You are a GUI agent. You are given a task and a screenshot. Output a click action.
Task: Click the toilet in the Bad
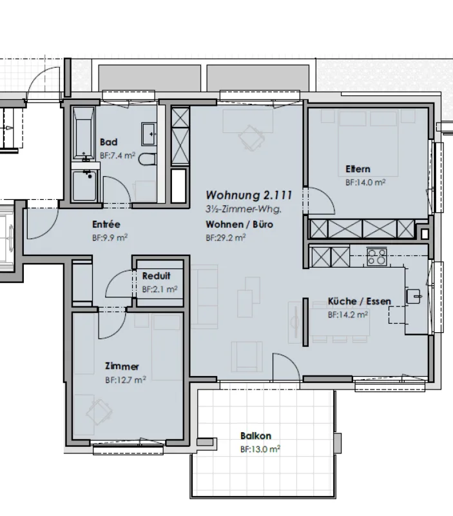(147, 159)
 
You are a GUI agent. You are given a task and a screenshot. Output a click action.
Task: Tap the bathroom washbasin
(149, 134)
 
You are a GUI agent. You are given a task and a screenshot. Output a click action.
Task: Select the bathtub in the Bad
(84, 133)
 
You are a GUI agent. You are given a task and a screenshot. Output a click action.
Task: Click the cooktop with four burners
(377, 257)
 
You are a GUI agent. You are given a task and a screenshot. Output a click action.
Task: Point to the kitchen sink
(414, 296)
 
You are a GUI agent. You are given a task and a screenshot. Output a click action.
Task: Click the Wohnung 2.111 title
(249, 195)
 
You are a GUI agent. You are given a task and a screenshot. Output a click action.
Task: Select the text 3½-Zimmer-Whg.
(244, 209)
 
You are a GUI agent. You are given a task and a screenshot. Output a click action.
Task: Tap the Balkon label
(256, 436)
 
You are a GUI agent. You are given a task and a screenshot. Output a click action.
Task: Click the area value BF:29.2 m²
(226, 237)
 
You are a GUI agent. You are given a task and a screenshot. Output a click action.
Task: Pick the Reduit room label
(156, 276)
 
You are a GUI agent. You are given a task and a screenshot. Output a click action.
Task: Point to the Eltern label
(358, 169)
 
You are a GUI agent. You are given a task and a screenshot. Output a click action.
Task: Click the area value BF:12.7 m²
(126, 380)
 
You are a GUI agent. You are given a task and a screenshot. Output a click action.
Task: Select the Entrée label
(106, 224)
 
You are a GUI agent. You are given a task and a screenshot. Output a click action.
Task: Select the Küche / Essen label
(360, 301)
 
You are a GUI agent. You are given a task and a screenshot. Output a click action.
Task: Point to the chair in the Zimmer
(99, 412)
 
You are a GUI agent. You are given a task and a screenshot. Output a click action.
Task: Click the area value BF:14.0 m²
(365, 183)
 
